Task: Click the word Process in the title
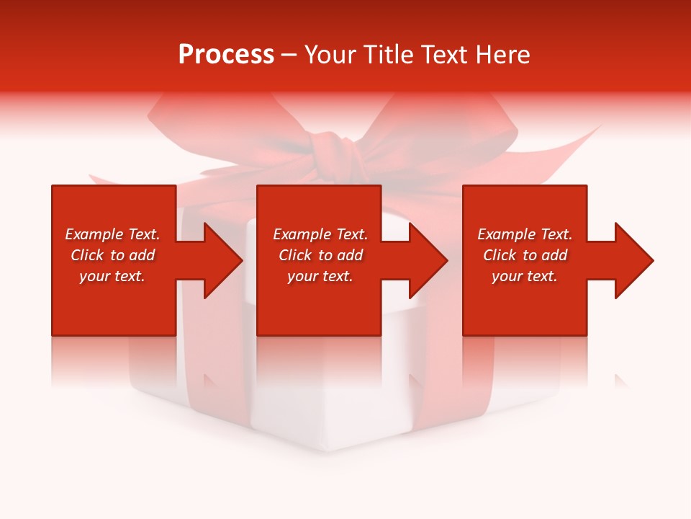coord(226,55)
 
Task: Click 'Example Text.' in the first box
coord(112,234)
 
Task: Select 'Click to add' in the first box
coord(112,255)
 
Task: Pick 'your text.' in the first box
coord(112,276)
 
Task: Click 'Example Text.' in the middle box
coord(320,234)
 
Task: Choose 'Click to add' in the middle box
coord(320,255)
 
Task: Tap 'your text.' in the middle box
coord(320,276)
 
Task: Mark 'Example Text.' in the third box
coord(525,234)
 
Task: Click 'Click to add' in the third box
coord(525,255)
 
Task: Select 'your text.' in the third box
coord(525,276)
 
